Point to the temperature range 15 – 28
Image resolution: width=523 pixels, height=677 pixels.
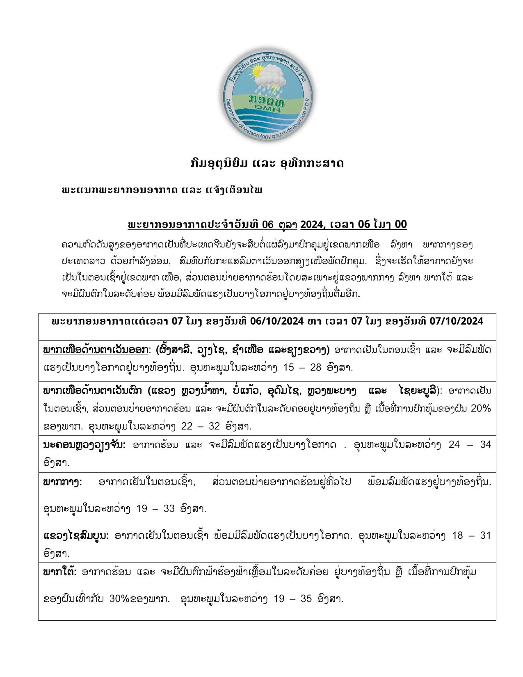[303, 367]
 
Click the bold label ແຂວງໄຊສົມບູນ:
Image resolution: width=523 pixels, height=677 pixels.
[76, 536]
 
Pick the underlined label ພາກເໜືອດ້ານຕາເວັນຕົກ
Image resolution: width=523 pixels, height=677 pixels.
[93, 391]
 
